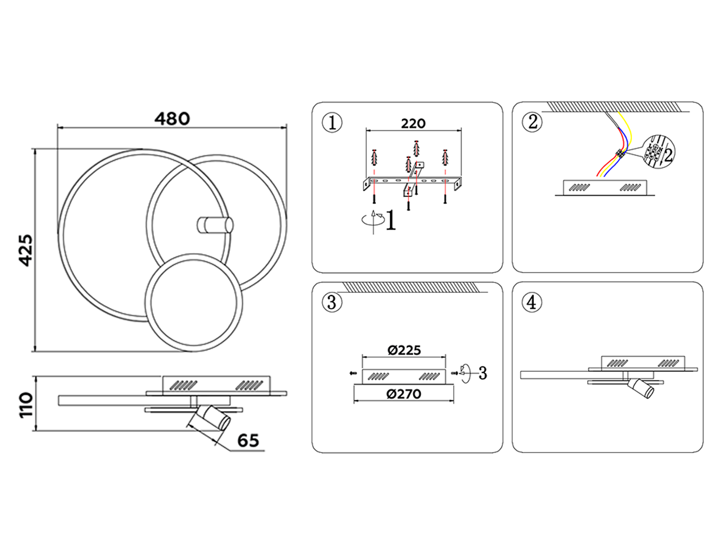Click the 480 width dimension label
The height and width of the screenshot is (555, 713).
point(172,119)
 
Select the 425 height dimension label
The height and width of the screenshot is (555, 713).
point(26,250)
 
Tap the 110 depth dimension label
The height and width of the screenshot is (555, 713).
point(26,405)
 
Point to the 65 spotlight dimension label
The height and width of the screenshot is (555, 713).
point(248,440)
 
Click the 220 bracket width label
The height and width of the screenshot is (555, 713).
point(413,123)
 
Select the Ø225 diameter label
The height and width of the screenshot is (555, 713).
point(404,350)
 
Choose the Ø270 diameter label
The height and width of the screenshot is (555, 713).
point(404,394)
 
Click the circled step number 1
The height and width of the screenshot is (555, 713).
point(332,122)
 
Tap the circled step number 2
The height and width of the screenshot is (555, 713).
point(532,122)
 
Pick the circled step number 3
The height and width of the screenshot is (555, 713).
point(332,302)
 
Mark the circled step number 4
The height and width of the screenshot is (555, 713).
point(532,302)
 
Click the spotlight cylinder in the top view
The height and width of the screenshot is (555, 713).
point(215,225)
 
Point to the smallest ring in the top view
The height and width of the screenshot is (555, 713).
point(194,303)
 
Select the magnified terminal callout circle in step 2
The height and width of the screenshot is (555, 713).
point(658,151)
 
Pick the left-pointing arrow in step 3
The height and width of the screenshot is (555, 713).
point(353,373)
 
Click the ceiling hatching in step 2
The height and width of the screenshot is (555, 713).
point(614,107)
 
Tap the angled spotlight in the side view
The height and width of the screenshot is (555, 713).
point(210,418)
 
